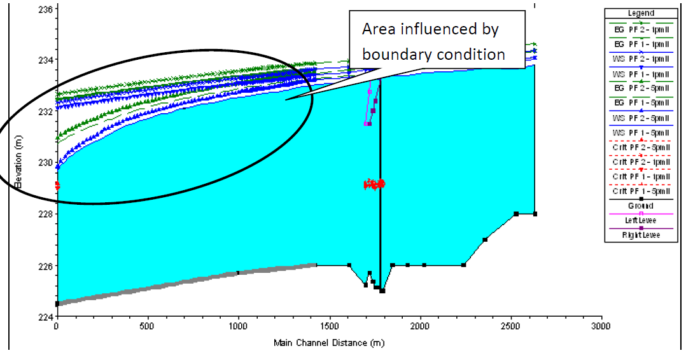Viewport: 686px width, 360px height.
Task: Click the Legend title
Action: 641,13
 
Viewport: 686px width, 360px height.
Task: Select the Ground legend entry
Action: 641,206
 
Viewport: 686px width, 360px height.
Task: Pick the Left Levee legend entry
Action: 641,221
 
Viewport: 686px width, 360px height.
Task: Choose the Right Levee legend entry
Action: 641,235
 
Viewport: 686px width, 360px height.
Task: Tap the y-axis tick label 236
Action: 45,8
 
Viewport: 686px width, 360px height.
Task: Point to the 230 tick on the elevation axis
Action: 45,162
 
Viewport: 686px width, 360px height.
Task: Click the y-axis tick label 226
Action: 45,265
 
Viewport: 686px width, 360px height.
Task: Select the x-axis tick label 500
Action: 148,327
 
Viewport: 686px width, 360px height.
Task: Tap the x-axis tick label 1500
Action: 329,327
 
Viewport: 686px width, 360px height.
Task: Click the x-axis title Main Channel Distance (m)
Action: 329,343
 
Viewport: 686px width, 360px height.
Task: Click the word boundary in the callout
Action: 391,55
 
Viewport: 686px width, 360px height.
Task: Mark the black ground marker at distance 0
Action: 57,304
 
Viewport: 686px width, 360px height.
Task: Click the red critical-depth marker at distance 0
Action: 57,185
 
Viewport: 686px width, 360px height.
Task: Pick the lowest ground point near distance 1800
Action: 382,291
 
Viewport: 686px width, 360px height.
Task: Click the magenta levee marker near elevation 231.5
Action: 366,123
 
